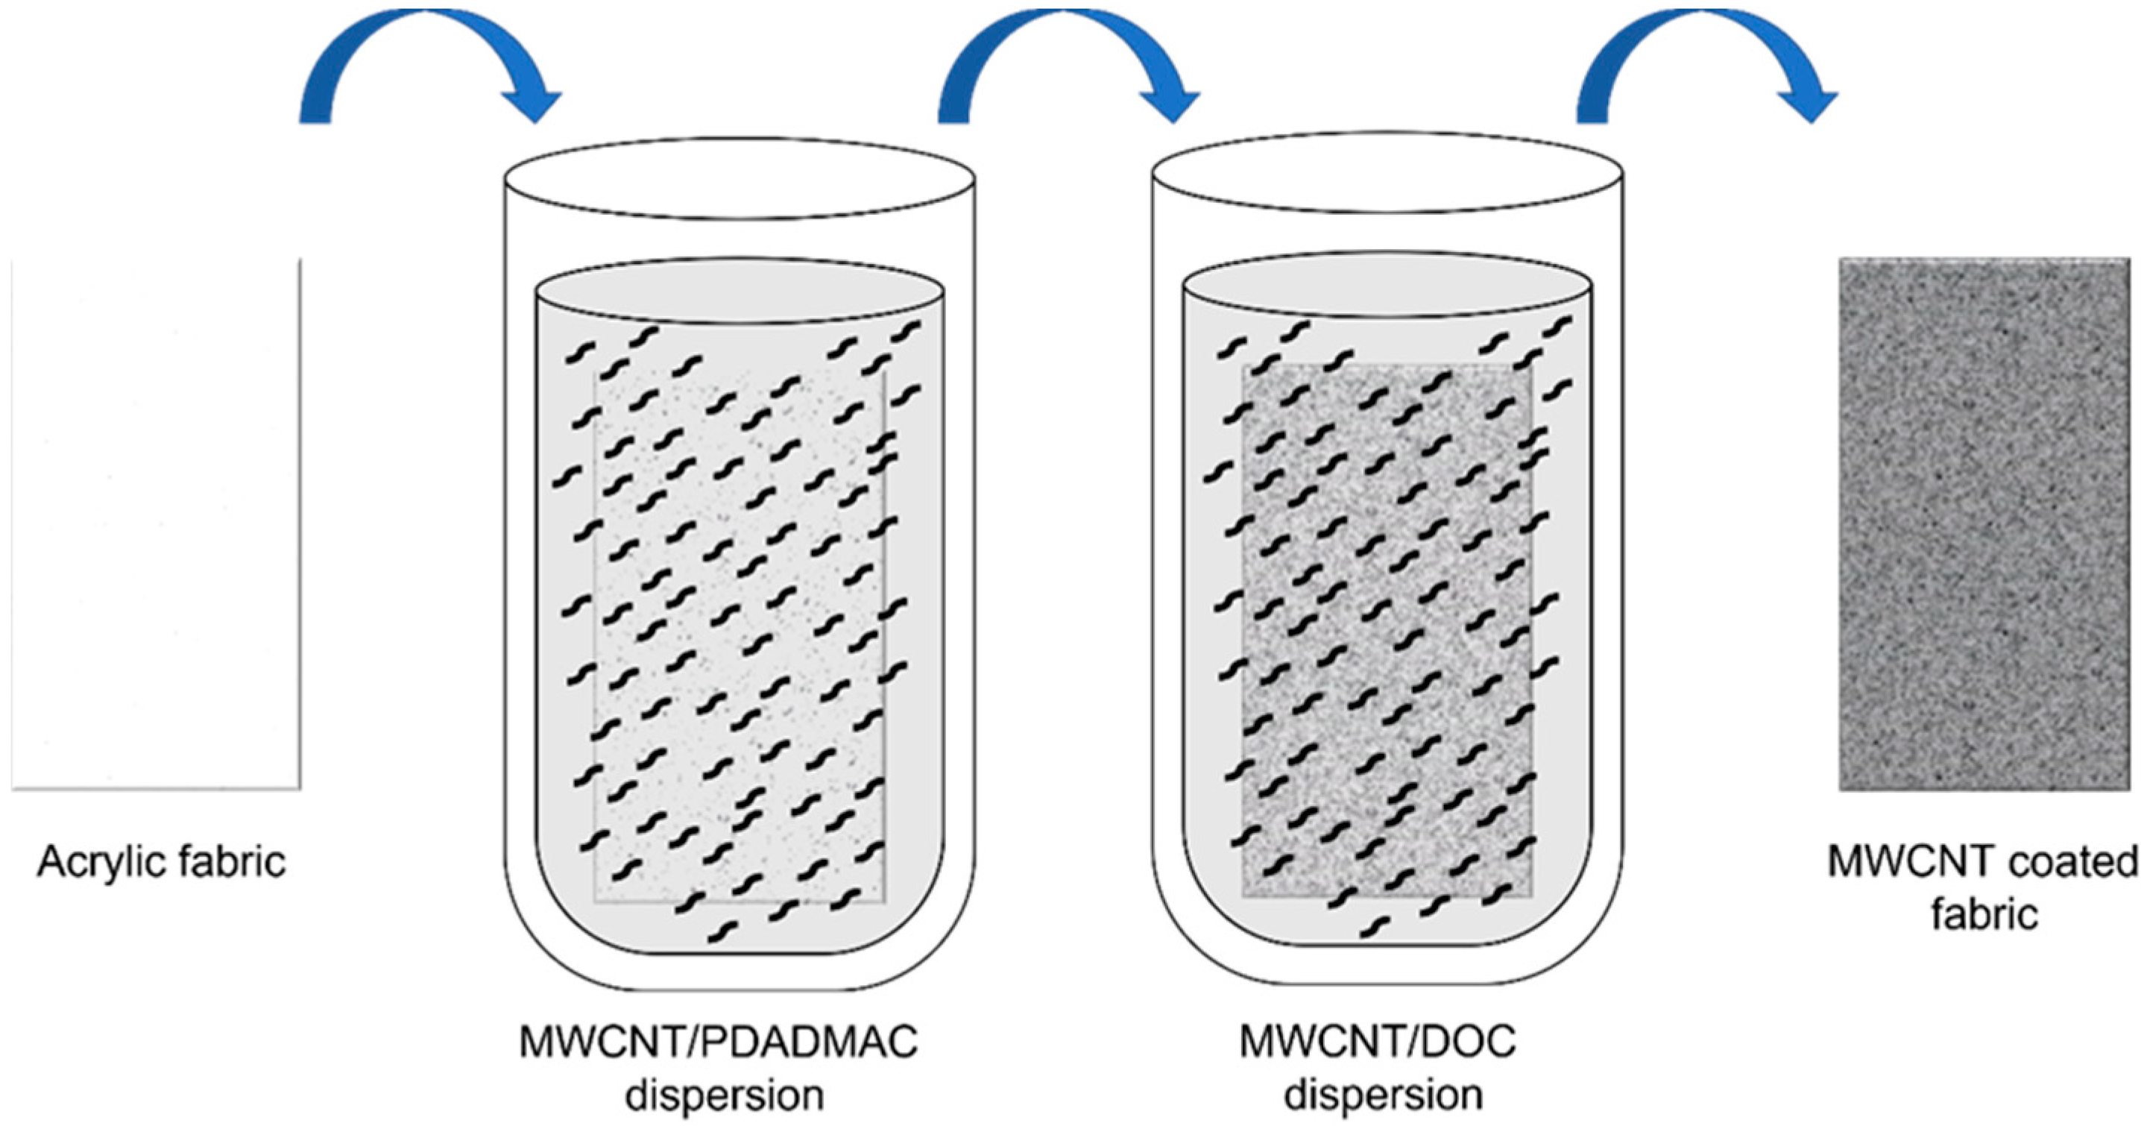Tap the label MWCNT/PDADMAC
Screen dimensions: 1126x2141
click(718, 1042)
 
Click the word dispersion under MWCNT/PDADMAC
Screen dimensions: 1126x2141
click(724, 1095)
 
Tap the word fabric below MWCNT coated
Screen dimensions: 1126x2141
click(1984, 914)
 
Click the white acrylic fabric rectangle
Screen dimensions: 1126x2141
click(157, 524)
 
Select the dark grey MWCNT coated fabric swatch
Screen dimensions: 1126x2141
click(1987, 524)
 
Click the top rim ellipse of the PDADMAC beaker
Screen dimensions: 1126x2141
click(740, 179)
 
